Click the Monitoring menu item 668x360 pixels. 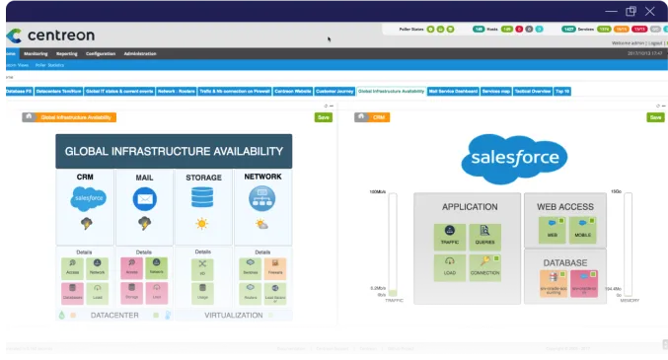(x=36, y=53)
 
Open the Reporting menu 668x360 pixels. (x=67, y=53)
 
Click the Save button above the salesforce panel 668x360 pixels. (x=655, y=117)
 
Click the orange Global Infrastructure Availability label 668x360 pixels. (x=77, y=117)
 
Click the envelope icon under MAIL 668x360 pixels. (x=144, y=199)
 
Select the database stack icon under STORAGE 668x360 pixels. (x=203, y=199)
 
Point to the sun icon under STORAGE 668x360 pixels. (x=203, y=224)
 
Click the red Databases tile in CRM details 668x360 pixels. (x=72, y=292)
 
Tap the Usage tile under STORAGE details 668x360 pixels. (x=203, y=292)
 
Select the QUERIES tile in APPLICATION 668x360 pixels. (x=485, y=237)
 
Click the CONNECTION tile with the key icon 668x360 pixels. (x=485, y=266)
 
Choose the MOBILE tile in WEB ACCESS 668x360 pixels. (x=582, y=231)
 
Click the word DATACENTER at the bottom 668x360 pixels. (x=114, y=316)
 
